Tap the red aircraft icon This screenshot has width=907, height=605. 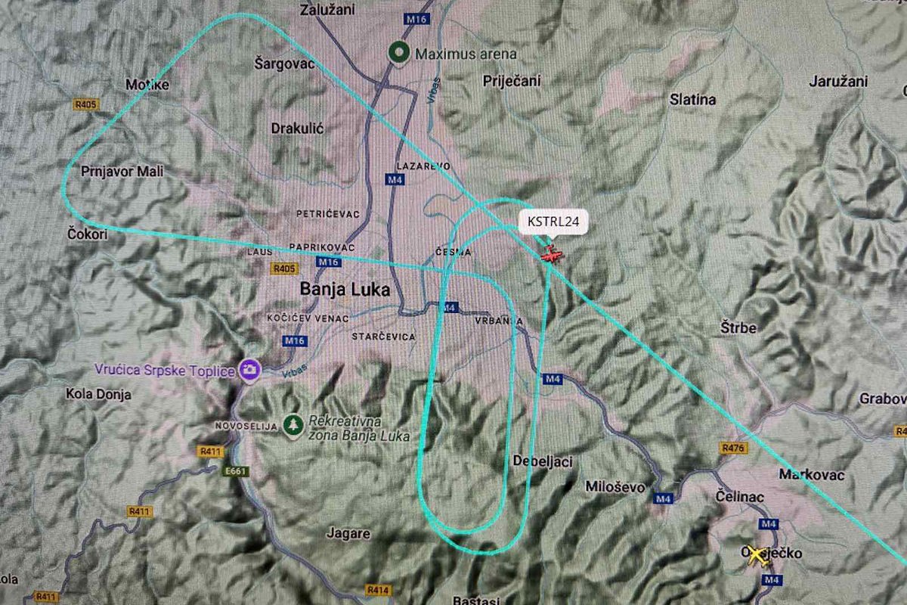552,254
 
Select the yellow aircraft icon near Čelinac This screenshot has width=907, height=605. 755,554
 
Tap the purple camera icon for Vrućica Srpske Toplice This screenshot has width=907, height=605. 249,370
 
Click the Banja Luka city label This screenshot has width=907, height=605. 345,289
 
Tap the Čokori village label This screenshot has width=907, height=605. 87,234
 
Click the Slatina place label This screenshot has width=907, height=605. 693,99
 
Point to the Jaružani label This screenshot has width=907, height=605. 837,81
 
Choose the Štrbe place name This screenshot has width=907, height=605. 738,328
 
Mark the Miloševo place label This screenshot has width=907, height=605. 615,487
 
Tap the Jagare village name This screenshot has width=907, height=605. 348,533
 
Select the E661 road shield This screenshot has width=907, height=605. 237,471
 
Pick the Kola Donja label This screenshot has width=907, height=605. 98,393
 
